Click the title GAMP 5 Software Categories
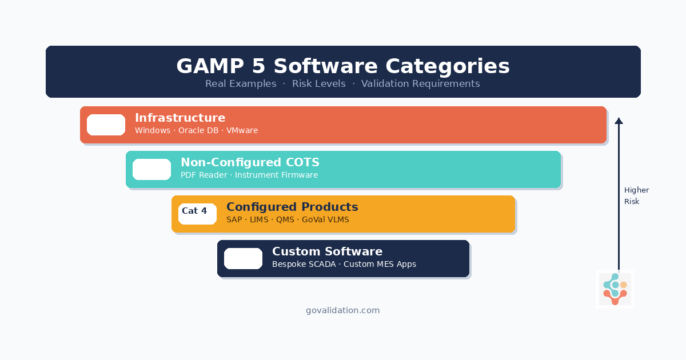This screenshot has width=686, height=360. (343, 66)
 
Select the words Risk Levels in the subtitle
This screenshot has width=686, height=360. (318, 84)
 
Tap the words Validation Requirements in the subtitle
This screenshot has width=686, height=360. (420, 84)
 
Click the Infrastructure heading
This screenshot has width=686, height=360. (180, 118)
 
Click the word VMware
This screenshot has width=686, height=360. (242, 131)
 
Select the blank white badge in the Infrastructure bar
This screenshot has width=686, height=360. (106, 125)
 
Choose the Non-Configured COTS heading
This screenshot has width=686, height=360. (250, 162)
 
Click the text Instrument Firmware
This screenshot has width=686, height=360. (276, 175)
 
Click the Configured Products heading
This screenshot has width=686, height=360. (292, 207)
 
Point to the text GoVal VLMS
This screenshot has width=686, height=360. (325, 220)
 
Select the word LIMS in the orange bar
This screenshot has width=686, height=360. (259, 220)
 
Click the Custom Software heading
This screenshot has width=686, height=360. (327, 251)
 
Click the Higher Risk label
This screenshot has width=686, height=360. (636, 196)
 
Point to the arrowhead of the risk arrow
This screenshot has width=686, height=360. (619, 121)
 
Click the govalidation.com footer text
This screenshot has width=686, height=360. (343, 310)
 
